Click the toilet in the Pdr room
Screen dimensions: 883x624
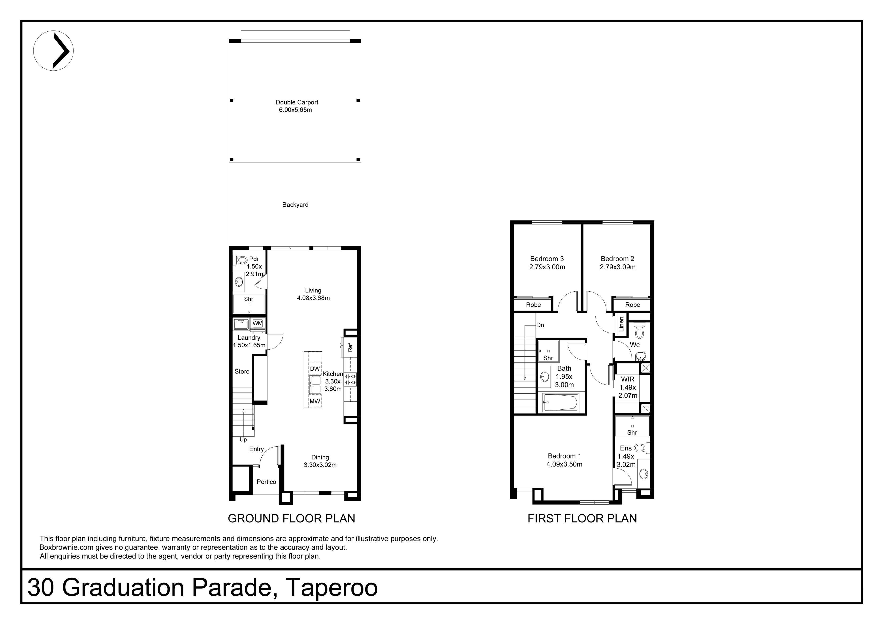click(x=240, y=260)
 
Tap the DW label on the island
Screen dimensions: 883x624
click(x=315, y=369)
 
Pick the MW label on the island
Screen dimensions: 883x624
click(x=315, y=401)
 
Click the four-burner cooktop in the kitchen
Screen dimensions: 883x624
click(x=350, y=379)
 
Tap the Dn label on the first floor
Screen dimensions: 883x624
click(x=540, y=325)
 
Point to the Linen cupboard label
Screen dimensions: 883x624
click(x=621, y=324)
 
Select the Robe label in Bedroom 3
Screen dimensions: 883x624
click(x=533, y=305)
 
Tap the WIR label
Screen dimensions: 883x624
click(x=628, y=379)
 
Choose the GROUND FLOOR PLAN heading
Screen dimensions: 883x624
click(x=292, y=519)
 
